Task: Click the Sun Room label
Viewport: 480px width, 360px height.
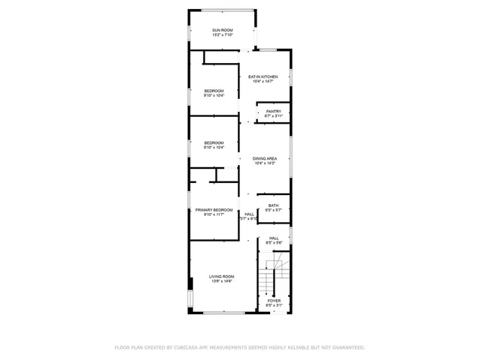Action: tap(222, 29)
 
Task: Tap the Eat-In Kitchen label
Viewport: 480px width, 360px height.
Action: tap(263, 76)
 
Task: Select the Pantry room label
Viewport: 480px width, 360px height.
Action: tap(273, 111)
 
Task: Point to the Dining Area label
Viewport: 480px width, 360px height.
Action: tap(265, 158)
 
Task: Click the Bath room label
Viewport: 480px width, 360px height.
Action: tap(274, 205)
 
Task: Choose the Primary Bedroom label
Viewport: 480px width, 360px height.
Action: tap(214, 210)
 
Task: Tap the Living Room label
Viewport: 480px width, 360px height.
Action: tap(222, 277)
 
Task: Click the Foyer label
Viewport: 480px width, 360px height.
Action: tap(274, 301)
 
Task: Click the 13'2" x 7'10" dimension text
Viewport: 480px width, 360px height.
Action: tap(222, 34)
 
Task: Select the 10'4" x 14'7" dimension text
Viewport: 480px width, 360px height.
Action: tap(263, 82)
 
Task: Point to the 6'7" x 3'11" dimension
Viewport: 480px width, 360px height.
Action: tap(273, 116)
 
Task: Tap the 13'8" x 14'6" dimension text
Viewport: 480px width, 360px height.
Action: tap(222, 282)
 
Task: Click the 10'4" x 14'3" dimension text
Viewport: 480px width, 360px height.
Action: tap(265, 163)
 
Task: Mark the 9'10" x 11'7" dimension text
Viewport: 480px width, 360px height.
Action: tap(214, 215)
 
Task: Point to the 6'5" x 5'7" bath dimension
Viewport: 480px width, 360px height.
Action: tap(274, 211)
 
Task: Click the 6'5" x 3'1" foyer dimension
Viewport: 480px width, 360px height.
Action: tap(274, 306)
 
